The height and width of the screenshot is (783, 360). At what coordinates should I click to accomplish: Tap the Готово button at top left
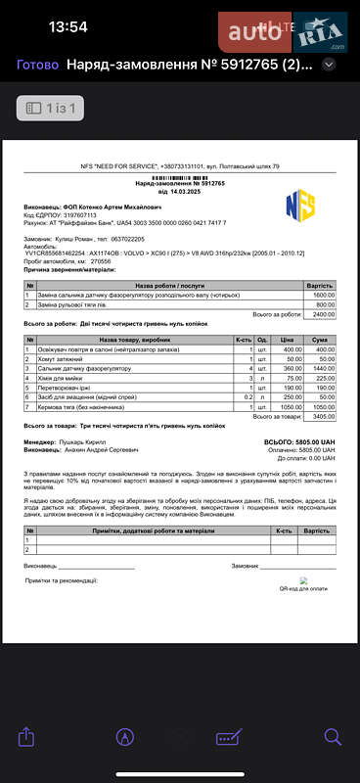(38, 65)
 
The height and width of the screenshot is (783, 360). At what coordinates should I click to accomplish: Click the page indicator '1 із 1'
(54, 107)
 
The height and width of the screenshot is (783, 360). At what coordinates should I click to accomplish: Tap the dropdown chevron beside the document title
(330, 65)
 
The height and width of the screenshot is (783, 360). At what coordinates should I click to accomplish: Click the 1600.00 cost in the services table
(323, 295)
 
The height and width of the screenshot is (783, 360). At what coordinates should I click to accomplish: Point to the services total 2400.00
(323, 314)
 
